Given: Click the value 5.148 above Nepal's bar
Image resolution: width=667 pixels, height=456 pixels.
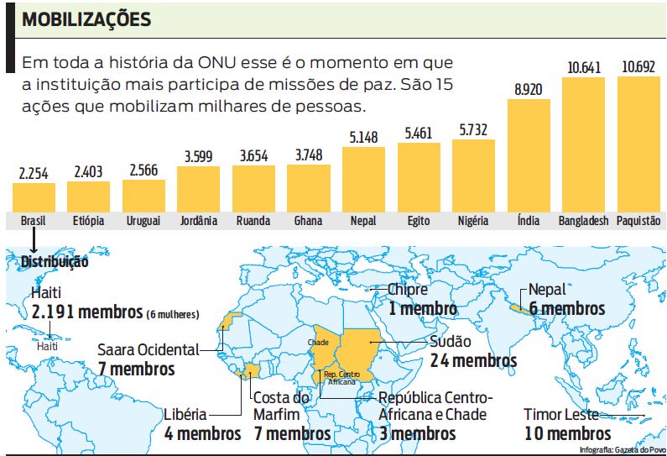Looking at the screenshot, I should pyautogui.click(x=364, y=136).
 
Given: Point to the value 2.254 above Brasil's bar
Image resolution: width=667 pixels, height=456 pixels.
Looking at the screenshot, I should pyautogui.click(x=34, y=173).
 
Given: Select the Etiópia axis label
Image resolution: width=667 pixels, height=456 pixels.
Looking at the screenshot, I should pyautogui.click(x=88, y=221).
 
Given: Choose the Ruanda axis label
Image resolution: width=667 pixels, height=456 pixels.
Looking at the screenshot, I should pyautogui.click(x=253, y=221).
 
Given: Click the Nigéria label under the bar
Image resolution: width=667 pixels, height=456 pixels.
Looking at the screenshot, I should pyautogui.click(x=473, y=221).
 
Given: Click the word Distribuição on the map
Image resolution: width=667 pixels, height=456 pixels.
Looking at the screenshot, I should pyautogui.click(x=55, y=261).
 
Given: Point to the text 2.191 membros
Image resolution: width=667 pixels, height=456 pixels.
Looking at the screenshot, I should pyautogui.click(x=87, y=312).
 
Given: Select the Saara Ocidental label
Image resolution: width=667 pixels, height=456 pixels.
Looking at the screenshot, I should pyautogui.click(x=149, y=349).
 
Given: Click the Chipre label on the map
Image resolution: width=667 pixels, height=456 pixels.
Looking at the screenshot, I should pyautogui.click(x=408, y=290).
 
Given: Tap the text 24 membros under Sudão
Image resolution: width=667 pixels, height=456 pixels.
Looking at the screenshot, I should pyautogui.click(x=473, y=360).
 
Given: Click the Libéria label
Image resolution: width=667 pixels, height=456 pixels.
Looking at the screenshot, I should pyautogui.click(x=186, y=415).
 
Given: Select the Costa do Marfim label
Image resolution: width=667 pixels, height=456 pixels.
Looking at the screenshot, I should pyautogui.click(x=282, y=406).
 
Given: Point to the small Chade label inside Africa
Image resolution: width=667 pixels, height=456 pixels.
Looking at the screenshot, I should pyautogui.click(x=318, y=343).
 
